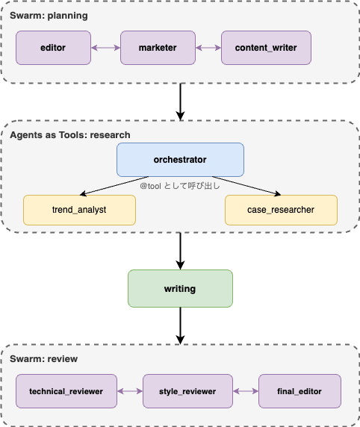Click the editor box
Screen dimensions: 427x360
(x=53, y=48)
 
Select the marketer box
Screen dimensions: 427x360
(x=158, y=48)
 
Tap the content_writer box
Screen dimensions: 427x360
(x=265, y=48)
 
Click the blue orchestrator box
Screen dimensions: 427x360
(x=180, y=160)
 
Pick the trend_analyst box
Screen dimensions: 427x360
(x=79, y=210)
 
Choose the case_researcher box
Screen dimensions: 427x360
(x=281, y=210)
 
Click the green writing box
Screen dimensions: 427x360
(x=180, y=288)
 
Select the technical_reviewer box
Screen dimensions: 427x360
(x=66, y=390)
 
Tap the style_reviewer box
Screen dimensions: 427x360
(x=187, y=390)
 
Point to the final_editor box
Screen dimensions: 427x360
(x=300, y=390)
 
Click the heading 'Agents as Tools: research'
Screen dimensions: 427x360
(x=70, y=135)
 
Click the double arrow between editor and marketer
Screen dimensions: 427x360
(x=105, y=48)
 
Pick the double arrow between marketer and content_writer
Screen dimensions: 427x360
(x=208, y=48)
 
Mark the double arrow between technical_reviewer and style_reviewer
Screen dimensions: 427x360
(x=129, y=390)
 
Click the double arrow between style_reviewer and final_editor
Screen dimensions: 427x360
(x=245, y=390)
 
